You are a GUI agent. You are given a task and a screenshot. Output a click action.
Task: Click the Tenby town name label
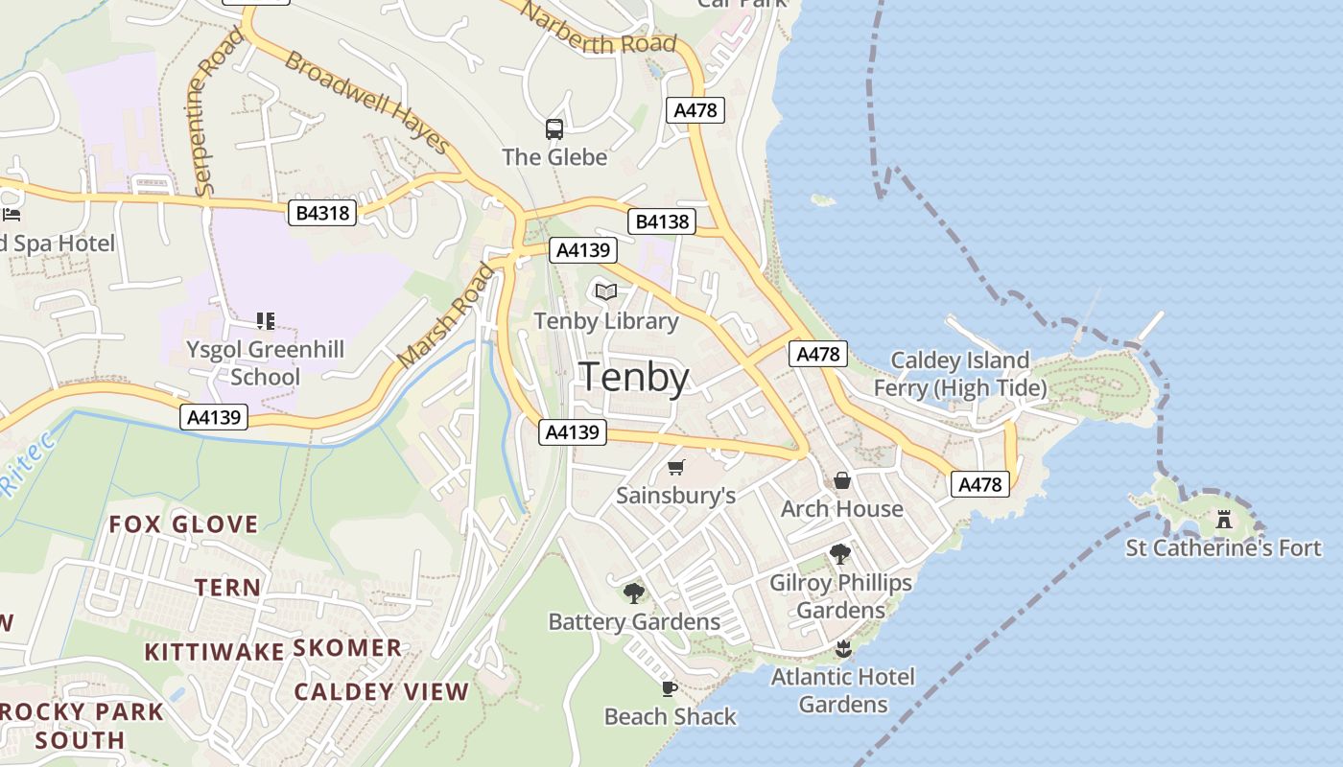634,378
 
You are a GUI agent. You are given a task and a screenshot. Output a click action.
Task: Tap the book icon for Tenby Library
605,291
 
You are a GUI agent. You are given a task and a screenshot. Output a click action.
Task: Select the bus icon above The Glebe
554,129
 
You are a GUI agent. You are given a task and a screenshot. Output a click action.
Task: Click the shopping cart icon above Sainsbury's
676,467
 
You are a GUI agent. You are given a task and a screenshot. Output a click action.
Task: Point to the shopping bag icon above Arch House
842,479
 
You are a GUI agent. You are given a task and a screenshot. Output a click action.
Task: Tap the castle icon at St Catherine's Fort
1224,520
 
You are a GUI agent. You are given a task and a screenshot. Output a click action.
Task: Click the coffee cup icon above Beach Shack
670,688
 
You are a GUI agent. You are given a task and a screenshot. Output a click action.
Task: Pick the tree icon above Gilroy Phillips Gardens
840,554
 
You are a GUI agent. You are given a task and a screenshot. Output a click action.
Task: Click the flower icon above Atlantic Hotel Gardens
844,648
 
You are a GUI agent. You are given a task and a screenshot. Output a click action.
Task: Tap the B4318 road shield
322,213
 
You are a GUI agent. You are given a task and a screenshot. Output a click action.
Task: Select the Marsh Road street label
447,315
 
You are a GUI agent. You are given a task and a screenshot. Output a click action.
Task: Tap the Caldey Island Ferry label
959,374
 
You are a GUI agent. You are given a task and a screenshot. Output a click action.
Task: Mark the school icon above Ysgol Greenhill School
266,321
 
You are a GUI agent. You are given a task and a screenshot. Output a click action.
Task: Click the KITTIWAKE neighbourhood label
214,653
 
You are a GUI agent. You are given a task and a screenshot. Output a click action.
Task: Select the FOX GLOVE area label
183,524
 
